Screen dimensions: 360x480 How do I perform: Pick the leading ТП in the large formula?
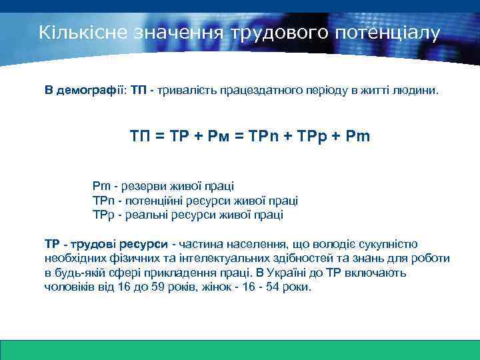141,137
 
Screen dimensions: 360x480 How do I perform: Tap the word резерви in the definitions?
143,187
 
